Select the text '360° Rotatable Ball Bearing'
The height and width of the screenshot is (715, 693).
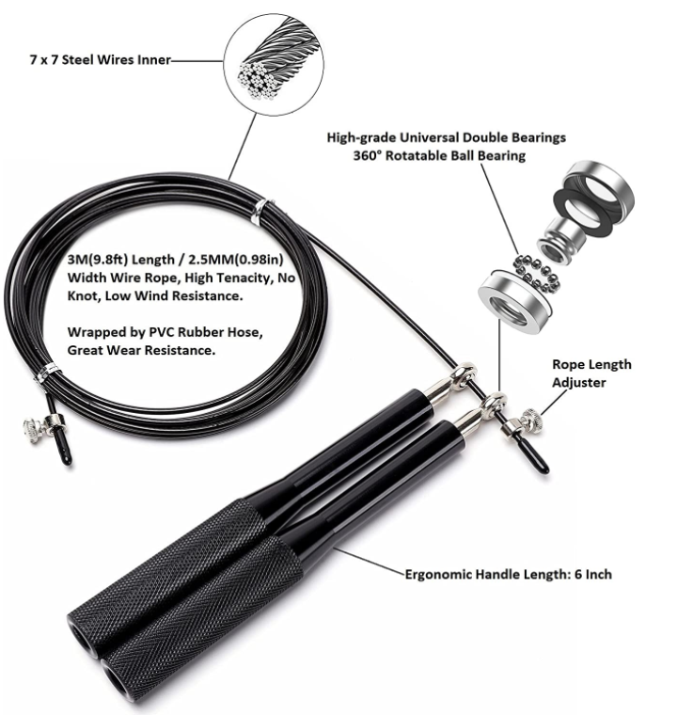pyautogui.click(x=447, y=155)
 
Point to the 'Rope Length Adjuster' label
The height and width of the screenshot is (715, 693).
pyautogui.click(x=591, y=373)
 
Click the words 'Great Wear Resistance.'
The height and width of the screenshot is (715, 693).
pyautogui.click(x=141, y=349)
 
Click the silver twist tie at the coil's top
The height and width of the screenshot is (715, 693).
pyautogui.click(x=260, y=212)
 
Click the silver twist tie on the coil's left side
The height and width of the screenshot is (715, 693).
pyautogui.click(x=44, y=374)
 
